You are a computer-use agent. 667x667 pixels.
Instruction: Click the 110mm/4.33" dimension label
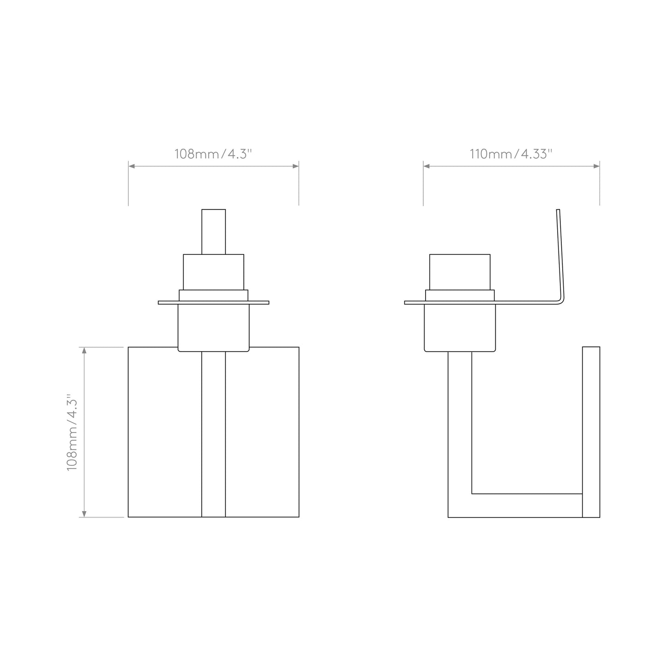click(x=511, y=154)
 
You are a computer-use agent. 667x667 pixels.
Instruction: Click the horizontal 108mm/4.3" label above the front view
click(x=213, y=154)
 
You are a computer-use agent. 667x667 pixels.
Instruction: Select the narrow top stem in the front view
click(x=214, y=232)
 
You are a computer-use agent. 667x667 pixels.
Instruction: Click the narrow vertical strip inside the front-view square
click(x=214, y=434)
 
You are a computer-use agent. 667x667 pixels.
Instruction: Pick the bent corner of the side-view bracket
click(x=560, y=300)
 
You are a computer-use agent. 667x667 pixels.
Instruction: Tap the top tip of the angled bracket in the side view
click(x=558, y=211)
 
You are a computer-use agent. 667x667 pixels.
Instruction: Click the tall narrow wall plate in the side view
click(x=591, y=432)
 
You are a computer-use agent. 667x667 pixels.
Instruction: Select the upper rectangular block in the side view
click(x=460, y=271)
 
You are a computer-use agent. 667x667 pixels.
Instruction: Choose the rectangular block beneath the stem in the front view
click(x=214, y=271)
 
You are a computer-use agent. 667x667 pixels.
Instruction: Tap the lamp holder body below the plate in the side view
click(x=460, y=328)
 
